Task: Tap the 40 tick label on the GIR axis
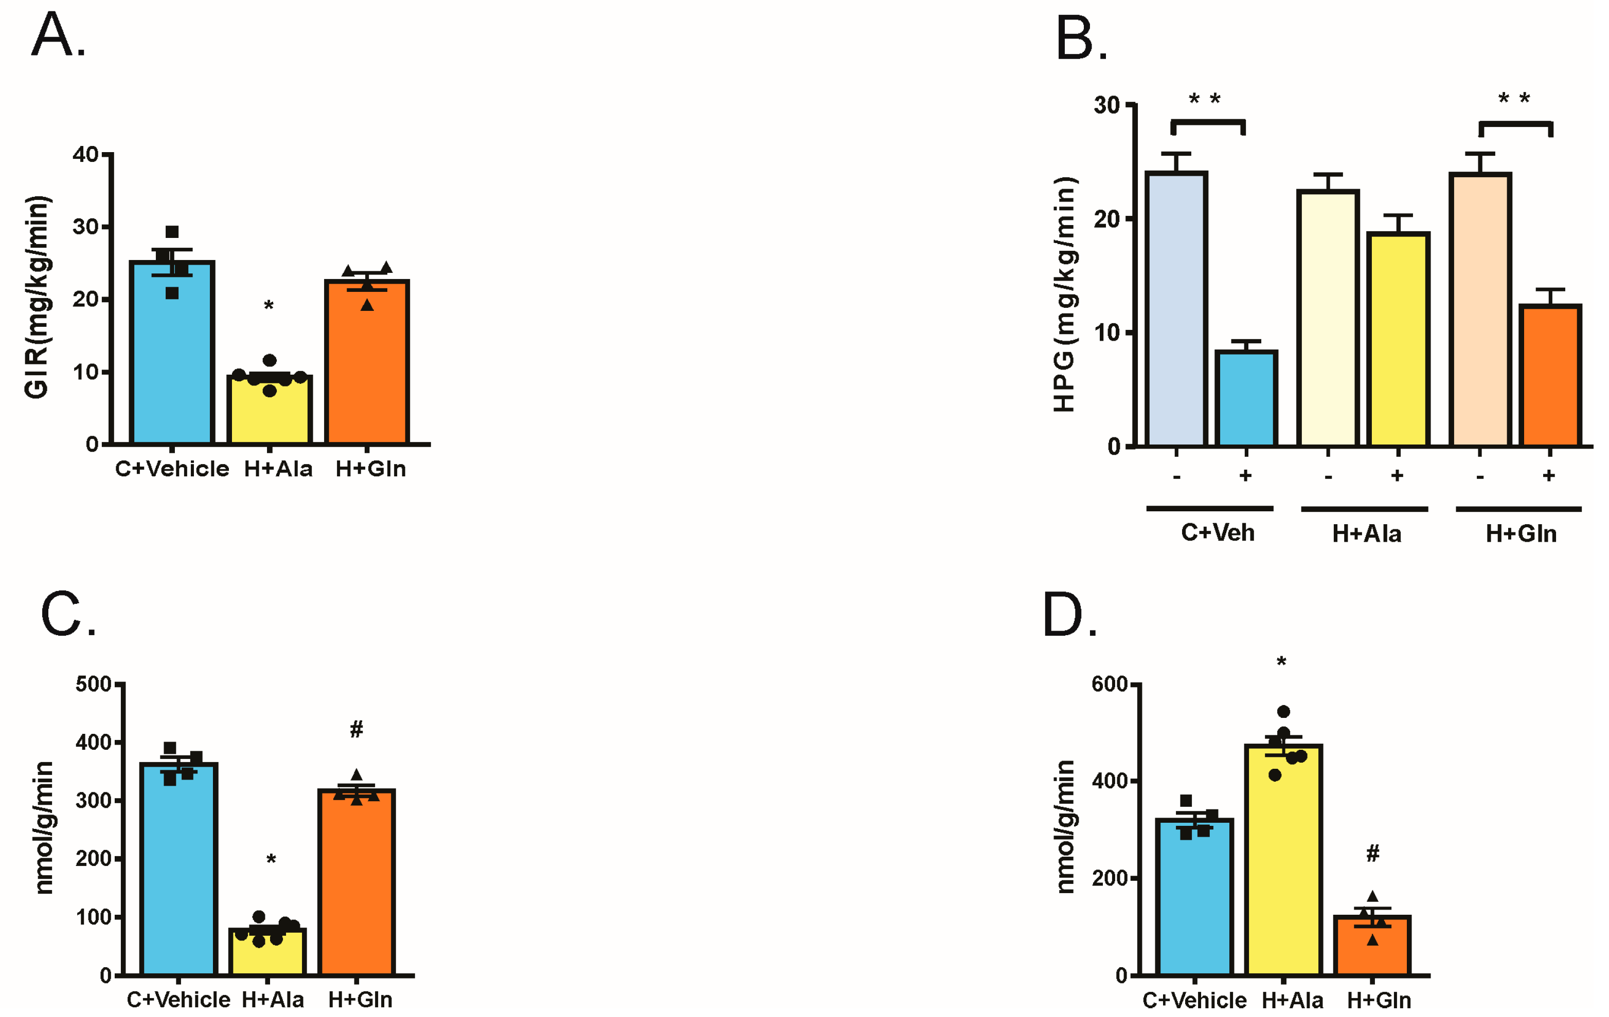tap(85, 154)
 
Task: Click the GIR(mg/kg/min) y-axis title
tap(37, 297)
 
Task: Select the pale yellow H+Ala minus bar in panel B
tap(1328, 321)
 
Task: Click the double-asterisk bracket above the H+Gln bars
tap(1515, 124)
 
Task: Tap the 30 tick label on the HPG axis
tap(1107, 105)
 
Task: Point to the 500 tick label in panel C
tap(94, 685)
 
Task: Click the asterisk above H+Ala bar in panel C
tap(271, 859)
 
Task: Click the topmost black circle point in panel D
tap(1283, 712)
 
